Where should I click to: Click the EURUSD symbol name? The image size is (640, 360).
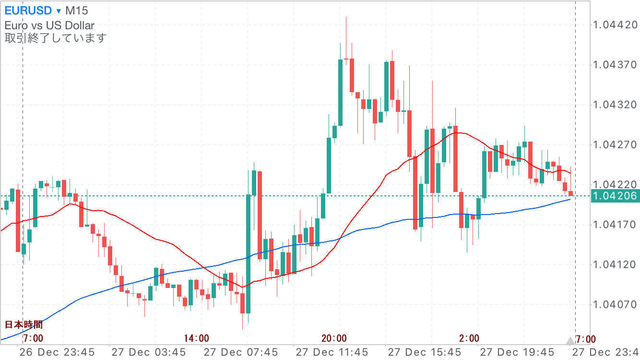(27, 11)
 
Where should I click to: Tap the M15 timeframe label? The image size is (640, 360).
(77, 11)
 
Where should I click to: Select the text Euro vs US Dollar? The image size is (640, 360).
(49, 25)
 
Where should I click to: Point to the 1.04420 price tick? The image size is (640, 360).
(615, 24)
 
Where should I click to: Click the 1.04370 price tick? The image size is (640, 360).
(615, 64)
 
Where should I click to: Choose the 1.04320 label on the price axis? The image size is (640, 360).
(615, 105)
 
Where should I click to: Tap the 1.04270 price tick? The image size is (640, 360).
(615, 144)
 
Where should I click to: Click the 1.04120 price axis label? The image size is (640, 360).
(615, 264)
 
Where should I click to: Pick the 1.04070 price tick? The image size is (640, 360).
(615, 304)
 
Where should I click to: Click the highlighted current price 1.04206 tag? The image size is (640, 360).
(615, 195)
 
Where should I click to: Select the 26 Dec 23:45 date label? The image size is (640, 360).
(57, 352)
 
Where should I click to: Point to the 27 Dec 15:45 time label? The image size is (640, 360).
(425, 352)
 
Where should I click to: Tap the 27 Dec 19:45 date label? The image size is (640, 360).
(517, 352)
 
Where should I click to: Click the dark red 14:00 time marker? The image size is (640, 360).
(196, 338)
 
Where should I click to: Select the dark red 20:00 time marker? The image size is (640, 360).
(334, 338)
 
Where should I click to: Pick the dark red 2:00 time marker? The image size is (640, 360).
(469, 338)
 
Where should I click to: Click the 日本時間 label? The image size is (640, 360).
(24, 324)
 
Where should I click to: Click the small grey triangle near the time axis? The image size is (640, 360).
(570, 341)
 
